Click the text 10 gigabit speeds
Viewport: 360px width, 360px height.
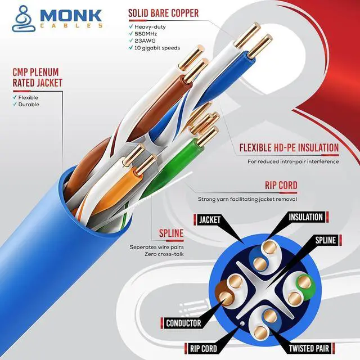coord(157,48)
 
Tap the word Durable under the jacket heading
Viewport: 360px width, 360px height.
coord(29,105)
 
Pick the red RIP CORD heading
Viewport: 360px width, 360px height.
coord(281,186)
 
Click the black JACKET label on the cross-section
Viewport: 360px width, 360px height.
coord(209,219)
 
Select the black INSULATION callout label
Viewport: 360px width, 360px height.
coord(305,217)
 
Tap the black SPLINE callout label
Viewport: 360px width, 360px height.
coord(325,241)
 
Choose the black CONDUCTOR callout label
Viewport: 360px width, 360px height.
coord(183,323)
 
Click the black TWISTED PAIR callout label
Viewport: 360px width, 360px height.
coord(309,349)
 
